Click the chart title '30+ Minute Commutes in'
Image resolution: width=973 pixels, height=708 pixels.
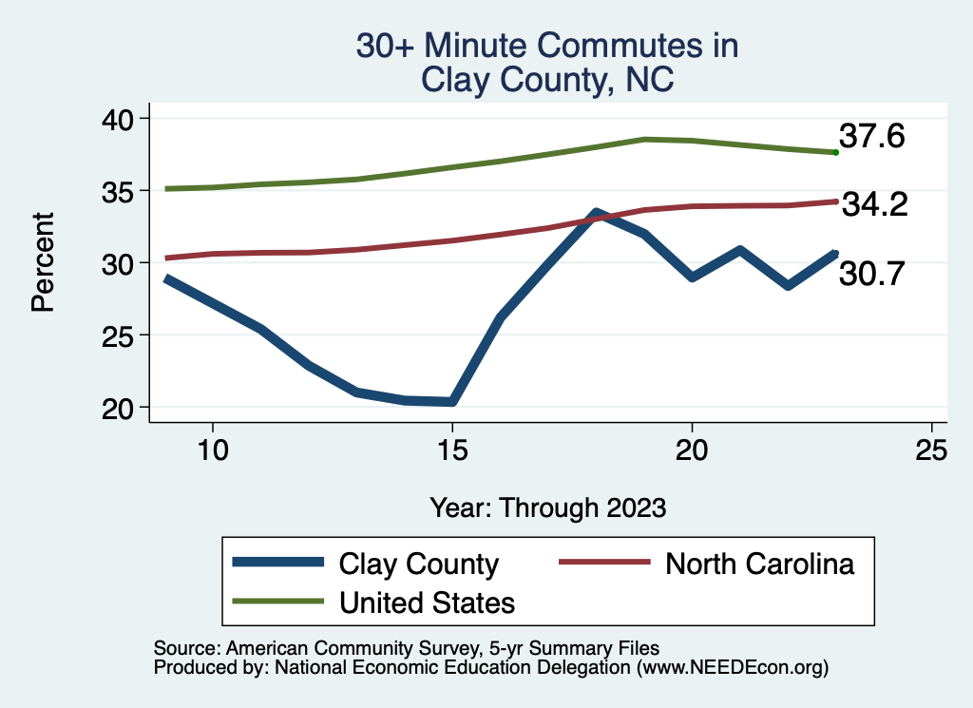click(x=546, y=46)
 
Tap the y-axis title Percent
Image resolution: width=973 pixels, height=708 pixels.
click(x=42, y=262)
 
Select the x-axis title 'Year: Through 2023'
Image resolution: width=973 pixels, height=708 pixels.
click(x=547, y=507)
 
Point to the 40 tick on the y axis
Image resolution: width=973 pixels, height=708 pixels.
click(x=121, y=118)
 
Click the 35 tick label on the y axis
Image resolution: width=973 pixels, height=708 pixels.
click(x=121, y=190)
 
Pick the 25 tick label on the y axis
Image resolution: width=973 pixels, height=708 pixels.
click(x=121, y=335)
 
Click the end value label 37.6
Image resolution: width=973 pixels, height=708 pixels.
click(x=870, y=137)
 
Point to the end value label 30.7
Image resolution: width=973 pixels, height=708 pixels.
click(x=872, y=274)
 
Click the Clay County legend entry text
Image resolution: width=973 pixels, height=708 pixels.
click(x=418, y=564)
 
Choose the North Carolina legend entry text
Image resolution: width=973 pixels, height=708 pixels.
click(x=759, y=564)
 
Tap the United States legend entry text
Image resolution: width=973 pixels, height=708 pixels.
click(x=427, y=603)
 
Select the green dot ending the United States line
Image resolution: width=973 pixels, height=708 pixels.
click(x=835, y=152)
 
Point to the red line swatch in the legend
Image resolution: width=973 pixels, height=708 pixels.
click(x=603, y=564)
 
